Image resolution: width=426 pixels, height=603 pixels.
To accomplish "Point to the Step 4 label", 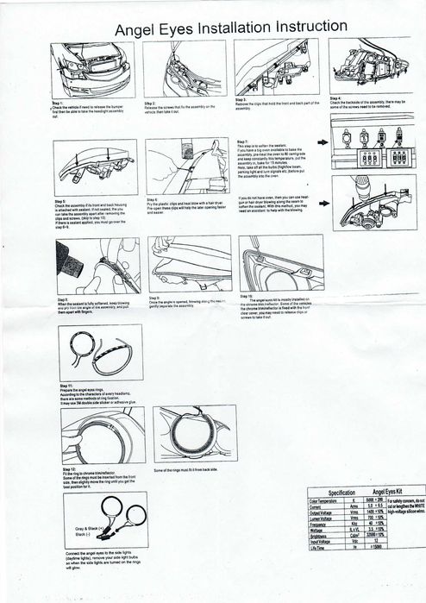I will pyautogui.click(x=337, y=97).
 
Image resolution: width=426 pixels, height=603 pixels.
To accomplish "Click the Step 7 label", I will pyautogui.click(x=242, y=141).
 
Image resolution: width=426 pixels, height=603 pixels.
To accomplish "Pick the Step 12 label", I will pyautogui.click(x=66, y=467).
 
